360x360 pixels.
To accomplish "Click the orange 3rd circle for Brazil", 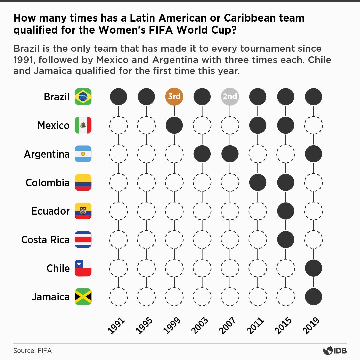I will click(174, 97).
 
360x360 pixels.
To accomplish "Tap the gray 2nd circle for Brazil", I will click(230, 97).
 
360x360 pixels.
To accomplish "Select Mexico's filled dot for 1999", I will click(174, 125).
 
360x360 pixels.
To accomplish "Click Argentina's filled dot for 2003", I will click(202, 154).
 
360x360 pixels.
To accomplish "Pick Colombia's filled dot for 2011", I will click(258, 182).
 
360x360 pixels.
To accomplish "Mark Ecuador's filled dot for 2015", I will click(286, 211).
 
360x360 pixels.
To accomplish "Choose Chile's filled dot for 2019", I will click(313, 268).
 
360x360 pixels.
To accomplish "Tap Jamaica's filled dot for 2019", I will click(313, 297).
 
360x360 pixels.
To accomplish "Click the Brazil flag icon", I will click(83, 97).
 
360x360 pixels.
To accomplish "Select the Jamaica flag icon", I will click(83, 297).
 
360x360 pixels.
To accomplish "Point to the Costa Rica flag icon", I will click(83, 240).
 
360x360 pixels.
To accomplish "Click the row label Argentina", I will click(47, 154).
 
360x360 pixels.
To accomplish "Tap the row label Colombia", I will click(48, 183).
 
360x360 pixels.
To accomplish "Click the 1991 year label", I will click(116, 325).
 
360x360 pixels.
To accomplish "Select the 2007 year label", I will click(228, 325).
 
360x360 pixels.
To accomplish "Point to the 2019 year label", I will click(311, 325).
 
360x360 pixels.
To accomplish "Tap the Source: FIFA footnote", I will click(32, 351).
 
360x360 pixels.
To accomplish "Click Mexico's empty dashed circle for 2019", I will click(313, 125).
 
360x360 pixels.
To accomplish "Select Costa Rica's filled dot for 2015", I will click(286, 240).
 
